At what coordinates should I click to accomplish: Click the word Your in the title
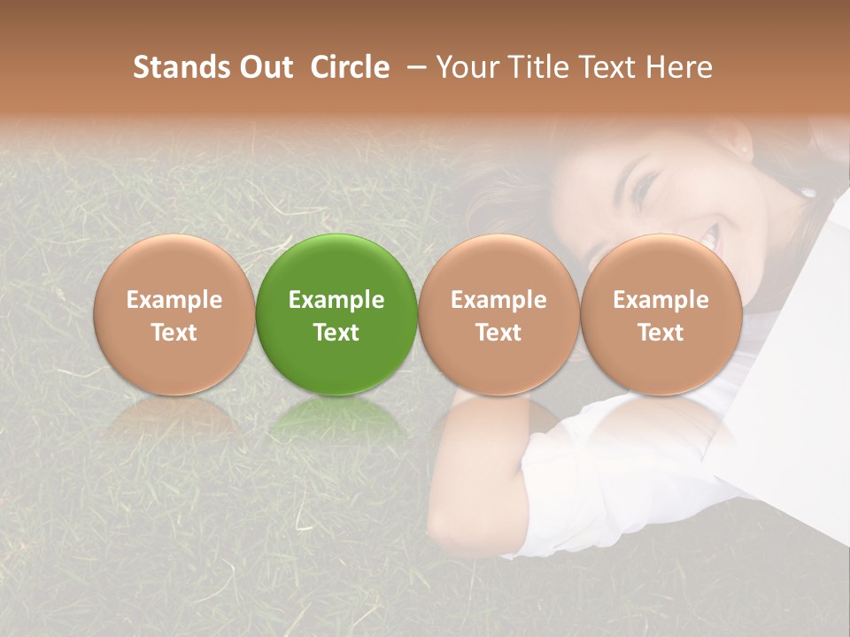click(x=464, y=67)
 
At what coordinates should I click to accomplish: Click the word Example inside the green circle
click(x=336, y=300)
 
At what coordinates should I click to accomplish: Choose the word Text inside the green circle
click(x=336, y=333)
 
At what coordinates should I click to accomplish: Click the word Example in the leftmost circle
click(x=174, y=300)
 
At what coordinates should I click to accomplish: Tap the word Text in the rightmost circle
click(x=661, y=333)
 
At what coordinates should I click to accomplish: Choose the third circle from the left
click(x=498, y=314)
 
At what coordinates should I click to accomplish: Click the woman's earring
click(x=807, y=191)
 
